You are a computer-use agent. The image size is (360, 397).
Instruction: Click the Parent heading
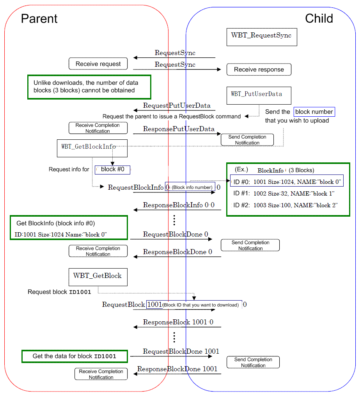coord(39,19)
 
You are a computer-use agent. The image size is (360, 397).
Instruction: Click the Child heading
coord(319,19)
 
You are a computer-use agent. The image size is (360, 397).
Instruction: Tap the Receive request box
coord(98,64)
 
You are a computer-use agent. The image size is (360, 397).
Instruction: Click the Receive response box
coord(259,69)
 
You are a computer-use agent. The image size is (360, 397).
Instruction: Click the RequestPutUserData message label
coord(177,106)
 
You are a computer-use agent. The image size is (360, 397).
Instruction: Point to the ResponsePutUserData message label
coord(179,129)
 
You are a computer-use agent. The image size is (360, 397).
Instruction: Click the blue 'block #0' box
coord(113,169)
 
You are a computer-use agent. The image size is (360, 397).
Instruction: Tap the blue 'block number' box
coord(314,112)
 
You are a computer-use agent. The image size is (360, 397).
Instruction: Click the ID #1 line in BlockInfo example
coord(284,194)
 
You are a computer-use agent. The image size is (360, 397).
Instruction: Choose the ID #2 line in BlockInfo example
coord(285,205)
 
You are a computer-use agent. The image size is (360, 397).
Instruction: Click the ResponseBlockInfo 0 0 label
coord(179,205)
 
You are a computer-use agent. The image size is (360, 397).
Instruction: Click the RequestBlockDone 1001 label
coord(181,351)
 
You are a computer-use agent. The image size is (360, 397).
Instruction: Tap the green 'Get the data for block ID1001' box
coord(74,356)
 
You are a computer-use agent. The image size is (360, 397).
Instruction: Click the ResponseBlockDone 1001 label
coord(177,369)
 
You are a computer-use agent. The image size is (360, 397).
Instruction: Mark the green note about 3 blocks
coord(89,87)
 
